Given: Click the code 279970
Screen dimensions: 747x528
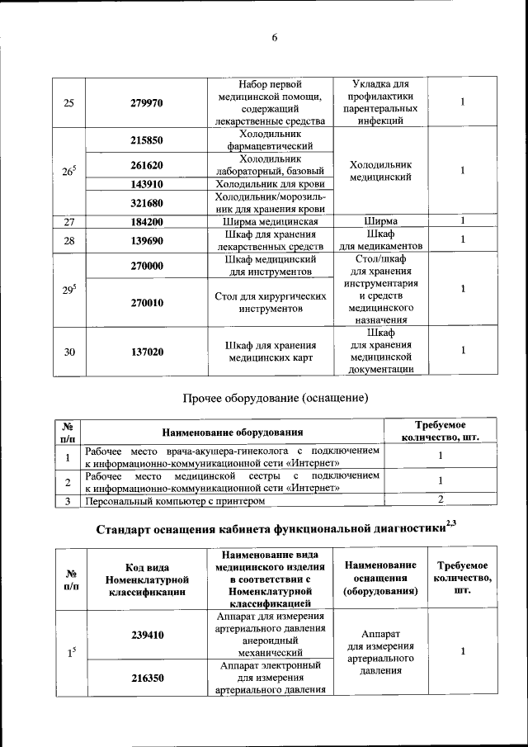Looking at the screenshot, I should pos(146,103).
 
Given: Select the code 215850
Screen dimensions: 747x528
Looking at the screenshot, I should pos(146,140).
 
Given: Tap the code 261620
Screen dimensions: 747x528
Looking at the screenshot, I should pos(146,165).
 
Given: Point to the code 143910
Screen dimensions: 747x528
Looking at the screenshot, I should pos(146,184).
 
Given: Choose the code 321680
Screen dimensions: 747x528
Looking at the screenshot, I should pos(146,202).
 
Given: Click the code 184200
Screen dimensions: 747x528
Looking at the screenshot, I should pos(146,221).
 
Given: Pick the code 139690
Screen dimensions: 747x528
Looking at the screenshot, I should pos(146,239).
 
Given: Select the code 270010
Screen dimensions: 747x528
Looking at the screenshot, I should pos(146,303).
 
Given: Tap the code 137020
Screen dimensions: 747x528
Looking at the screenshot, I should pos(146,352).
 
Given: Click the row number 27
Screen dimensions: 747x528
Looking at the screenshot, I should pos(69,221).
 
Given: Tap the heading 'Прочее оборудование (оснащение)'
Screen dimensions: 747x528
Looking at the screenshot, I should pos(274,398).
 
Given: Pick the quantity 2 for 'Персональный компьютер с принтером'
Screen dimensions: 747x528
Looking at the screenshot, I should pos(441,499).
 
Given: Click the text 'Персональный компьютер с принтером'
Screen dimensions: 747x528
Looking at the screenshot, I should pos(176,500).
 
